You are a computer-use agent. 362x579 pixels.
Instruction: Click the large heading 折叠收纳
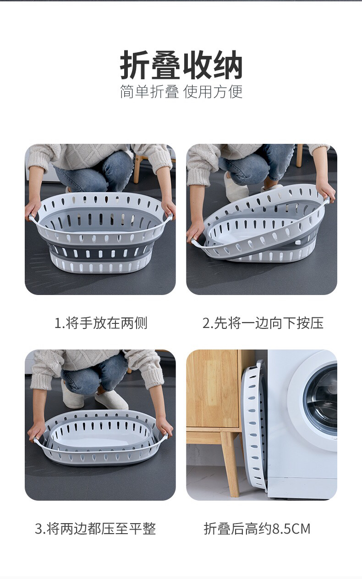[x=181, y=65]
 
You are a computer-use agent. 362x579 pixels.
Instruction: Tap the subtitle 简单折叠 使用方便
[x=181, y=92]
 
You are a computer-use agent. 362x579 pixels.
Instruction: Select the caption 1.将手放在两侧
[x=101, y=323]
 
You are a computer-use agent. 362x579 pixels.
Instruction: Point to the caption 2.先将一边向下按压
[x=263, y=323]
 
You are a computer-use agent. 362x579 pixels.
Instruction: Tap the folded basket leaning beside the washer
[x=254, y=426]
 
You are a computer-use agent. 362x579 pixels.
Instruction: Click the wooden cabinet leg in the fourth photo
[x=230, y=465]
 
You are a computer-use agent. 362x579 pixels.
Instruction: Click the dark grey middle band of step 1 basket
[x=99, y=251]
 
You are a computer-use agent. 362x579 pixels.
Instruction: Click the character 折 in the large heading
[x=135, y=65]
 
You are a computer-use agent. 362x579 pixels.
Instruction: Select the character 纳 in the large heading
[x=228, y=65]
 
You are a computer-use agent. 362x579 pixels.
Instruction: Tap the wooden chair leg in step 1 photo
[x=137, y=168]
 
